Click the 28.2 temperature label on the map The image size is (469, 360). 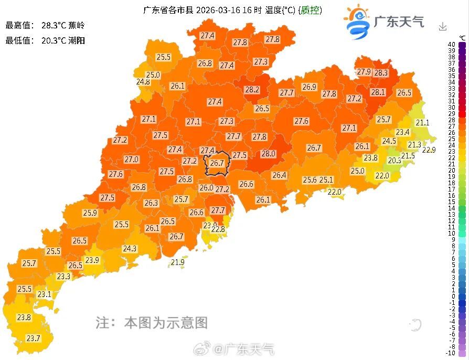click(252, 90)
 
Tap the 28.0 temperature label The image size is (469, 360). click(268, 154)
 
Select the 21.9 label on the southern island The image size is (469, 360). click(178, 262)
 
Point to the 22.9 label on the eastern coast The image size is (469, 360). click(429, 150)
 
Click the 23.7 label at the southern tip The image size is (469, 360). click(33, 338)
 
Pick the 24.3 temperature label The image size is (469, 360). click(130, 249)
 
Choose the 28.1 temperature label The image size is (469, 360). click(378, 92)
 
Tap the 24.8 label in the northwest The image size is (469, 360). click(143, 82)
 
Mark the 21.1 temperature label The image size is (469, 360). click(422, 123)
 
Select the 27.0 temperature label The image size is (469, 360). click(131, 160)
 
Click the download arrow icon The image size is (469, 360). click(443, 26)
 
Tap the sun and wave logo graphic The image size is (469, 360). click(356, 22)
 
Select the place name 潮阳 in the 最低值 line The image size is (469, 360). click(76, 40)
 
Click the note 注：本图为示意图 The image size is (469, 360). click(152, 322)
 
